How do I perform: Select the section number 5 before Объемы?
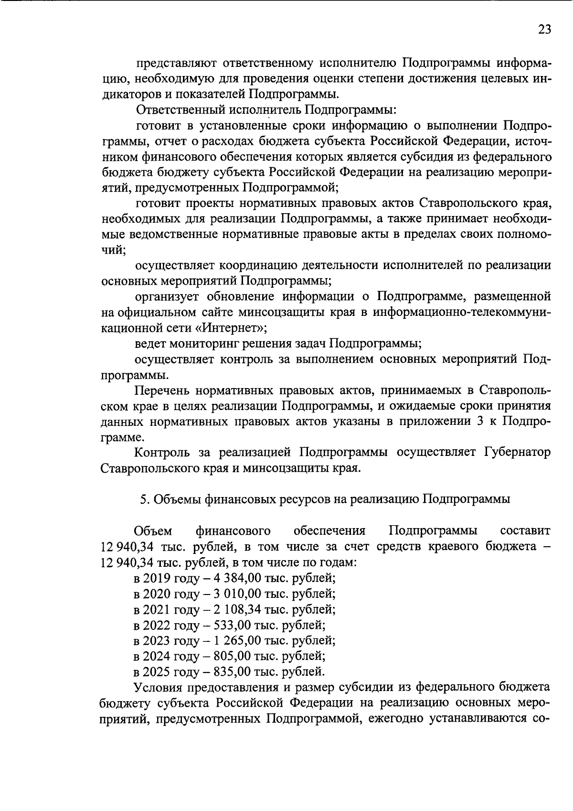coord(143,499)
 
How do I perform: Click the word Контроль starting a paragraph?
coord(161,452)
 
